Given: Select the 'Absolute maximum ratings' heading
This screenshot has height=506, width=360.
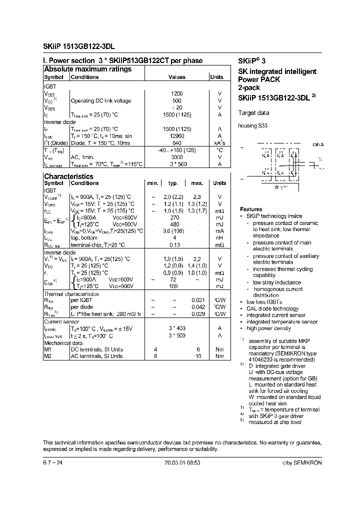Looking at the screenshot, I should [x=87, y=69].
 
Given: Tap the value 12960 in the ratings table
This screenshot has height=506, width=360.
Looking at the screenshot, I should [x=176, y=136].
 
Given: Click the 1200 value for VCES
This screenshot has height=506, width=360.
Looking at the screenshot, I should [x=176, y=93].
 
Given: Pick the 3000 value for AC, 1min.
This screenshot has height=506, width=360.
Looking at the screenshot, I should [x=176, y=157].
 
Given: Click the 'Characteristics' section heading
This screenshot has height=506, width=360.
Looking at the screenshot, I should [x=68, y=176].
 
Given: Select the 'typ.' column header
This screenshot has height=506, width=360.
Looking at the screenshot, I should [x=173, y=183].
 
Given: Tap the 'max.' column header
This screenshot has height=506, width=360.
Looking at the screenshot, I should [x=197, y=183].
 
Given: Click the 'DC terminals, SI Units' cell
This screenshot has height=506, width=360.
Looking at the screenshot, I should [x=96, y=349].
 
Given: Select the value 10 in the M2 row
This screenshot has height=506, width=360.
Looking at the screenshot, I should [x=198, y=356].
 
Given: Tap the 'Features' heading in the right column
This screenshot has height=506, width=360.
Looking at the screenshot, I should [x=250, y=209].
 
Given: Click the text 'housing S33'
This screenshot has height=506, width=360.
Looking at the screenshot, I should [x=252, y=126].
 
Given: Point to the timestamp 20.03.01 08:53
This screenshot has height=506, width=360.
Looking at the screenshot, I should [x=182, y=463].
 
